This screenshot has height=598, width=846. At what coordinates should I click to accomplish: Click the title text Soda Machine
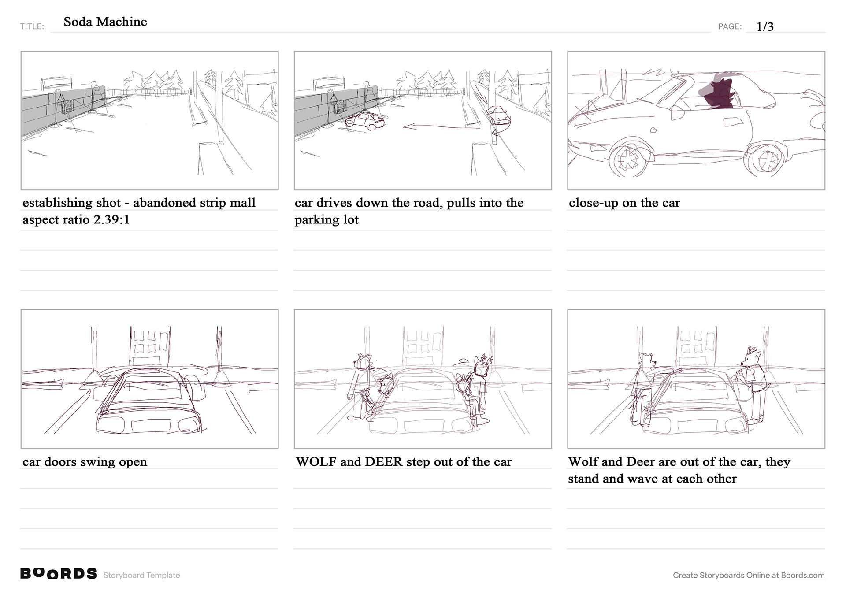105,22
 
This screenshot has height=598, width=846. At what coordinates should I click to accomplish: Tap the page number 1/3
765,26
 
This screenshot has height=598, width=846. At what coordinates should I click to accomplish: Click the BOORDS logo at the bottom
59,573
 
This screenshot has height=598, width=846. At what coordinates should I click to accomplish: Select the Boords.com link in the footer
803,575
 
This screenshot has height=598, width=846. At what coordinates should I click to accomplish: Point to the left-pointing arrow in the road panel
442,127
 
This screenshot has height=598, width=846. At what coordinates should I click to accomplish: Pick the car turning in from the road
500,117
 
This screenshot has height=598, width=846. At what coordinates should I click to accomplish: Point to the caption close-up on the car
624,203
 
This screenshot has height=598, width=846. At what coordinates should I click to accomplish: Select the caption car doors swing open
85,462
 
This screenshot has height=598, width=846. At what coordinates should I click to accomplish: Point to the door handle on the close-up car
731,122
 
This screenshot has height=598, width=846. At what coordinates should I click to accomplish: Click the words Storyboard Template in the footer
141,575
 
